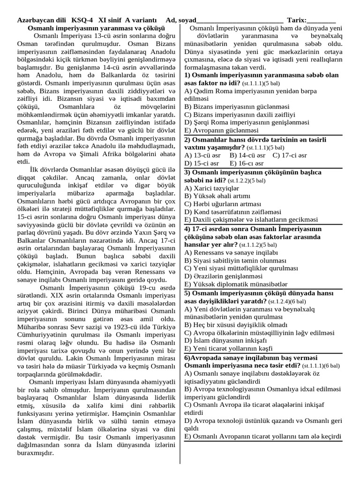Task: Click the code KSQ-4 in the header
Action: pos(82,21)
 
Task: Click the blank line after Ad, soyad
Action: pos(240,21)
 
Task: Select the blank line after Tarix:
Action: pos(322,21)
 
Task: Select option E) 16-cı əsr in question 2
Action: pos(247,163)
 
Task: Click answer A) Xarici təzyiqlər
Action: pos(212,188)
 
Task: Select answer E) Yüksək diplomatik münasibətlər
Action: pos(236,284)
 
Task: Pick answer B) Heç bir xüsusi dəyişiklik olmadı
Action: pos(236,324)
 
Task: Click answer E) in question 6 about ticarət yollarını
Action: pos(263,436)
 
